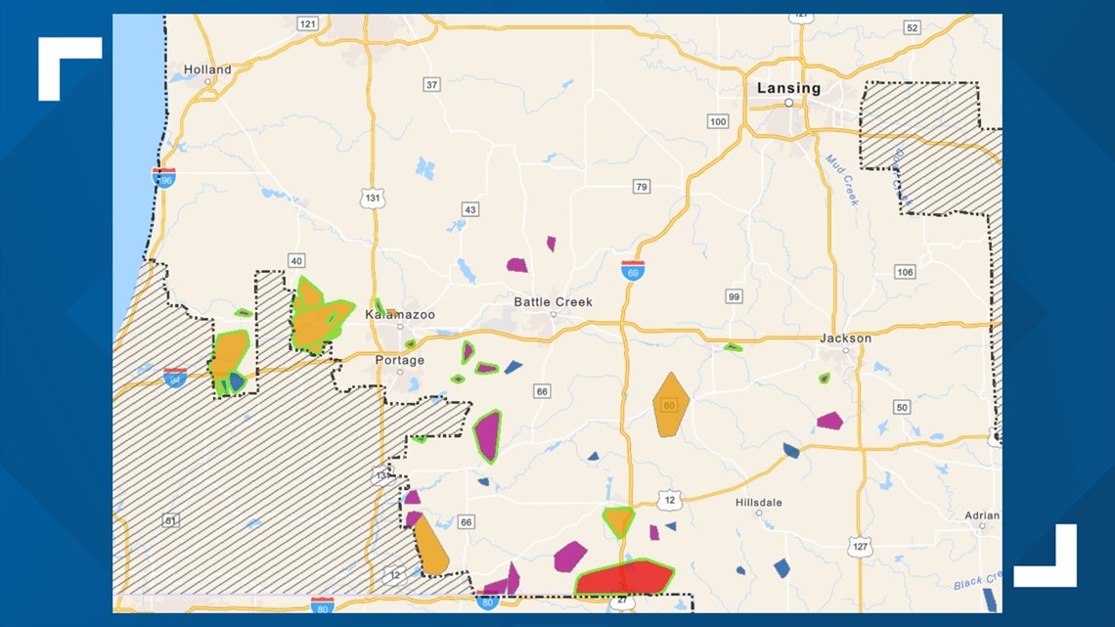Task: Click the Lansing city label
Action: pyautogui.click(x=788, y=88)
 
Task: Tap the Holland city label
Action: pyautogui.click(x=207, y=69)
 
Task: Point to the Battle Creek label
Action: pyautogui.click(x=553, y=302)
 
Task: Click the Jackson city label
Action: pyautogui.click(x=845, y=338)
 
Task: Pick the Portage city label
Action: pyautogui.click(x=399, y=360)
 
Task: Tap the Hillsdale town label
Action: pyautogui.click(x=758, y=503)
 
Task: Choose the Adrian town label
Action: pyautogui.click(x=981, y=515)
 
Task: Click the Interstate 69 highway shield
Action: pyautogui.click(x=632, y=270)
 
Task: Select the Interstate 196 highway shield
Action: pyautogui.click(x=163, y=177)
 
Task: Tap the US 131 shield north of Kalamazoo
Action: pyautogui.click(x=373, y=198)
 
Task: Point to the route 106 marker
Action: pyautogui.click(x=904, y=272)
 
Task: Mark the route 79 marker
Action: pyautogui.click(x=641, y=187)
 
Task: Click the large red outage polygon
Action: pyautogui.click(x=624, y=578)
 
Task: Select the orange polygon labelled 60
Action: pyautogui.click(x=670, y=403)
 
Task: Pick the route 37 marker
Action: pyautogui.click(x=432, y=85)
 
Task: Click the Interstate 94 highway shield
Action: pyautogui.click(x=175, y=378)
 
